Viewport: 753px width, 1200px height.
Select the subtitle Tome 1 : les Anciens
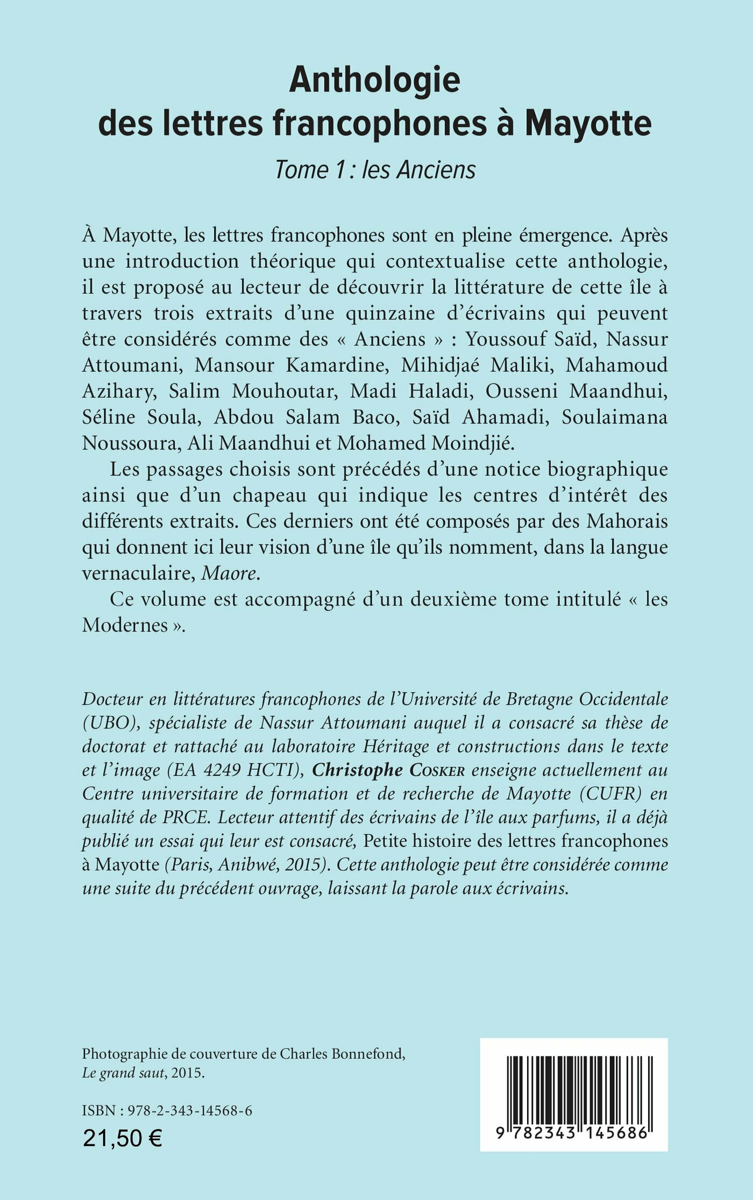(x=375, y=170)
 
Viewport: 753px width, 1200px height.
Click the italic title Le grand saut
(x=123, y=1073)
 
